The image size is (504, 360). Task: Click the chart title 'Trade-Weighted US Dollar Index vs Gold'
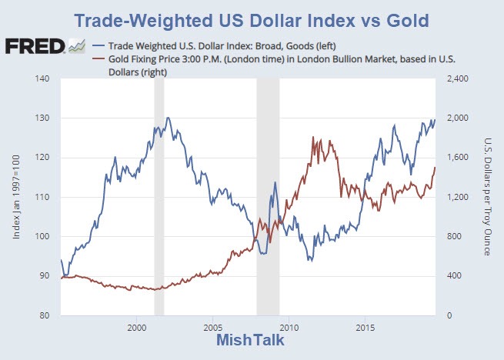pos(252,19)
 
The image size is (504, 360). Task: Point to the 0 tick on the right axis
pos(442,315)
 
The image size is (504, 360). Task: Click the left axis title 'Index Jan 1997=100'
pos(18,196)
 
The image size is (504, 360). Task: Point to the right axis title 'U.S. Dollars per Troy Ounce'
pos(488,196)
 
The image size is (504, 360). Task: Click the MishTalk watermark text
pos(252,341)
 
